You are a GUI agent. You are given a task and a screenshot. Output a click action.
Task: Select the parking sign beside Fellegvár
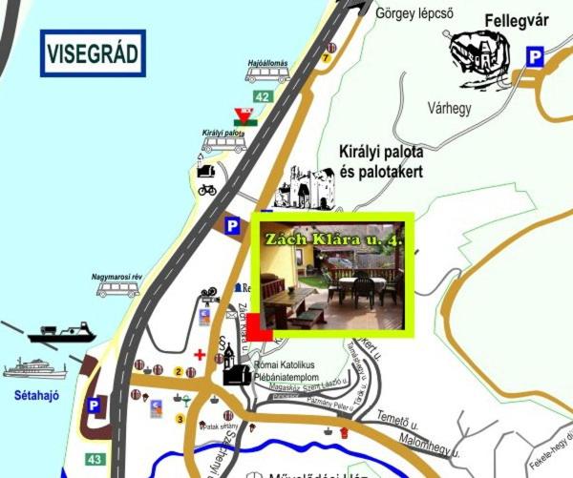[x=536, y=57]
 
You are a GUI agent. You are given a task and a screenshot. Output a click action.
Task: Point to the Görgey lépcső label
[x=414, y=13]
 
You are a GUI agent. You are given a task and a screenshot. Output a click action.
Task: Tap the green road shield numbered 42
[x=263, y=96]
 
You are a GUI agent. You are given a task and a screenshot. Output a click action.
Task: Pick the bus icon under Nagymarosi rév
[x=118, y=289]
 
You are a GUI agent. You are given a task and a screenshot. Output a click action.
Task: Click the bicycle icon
[x=207, y=189]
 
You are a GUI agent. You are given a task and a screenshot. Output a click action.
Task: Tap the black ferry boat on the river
[x=62, y=333]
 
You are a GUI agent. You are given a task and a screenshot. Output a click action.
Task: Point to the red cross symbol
[x=200, y=354]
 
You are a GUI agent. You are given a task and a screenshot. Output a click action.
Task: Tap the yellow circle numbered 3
[x=179, y=418]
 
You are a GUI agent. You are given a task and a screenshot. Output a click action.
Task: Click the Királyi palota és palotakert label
[x=381, y=161]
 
